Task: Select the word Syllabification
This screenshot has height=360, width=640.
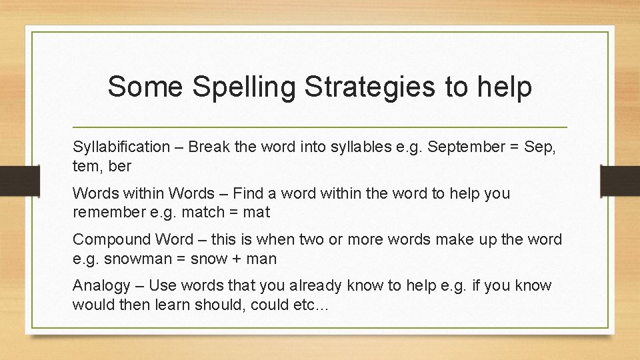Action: (121, 147)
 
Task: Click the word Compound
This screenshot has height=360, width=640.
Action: (113, 239)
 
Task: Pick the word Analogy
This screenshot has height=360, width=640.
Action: (101, 285)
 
